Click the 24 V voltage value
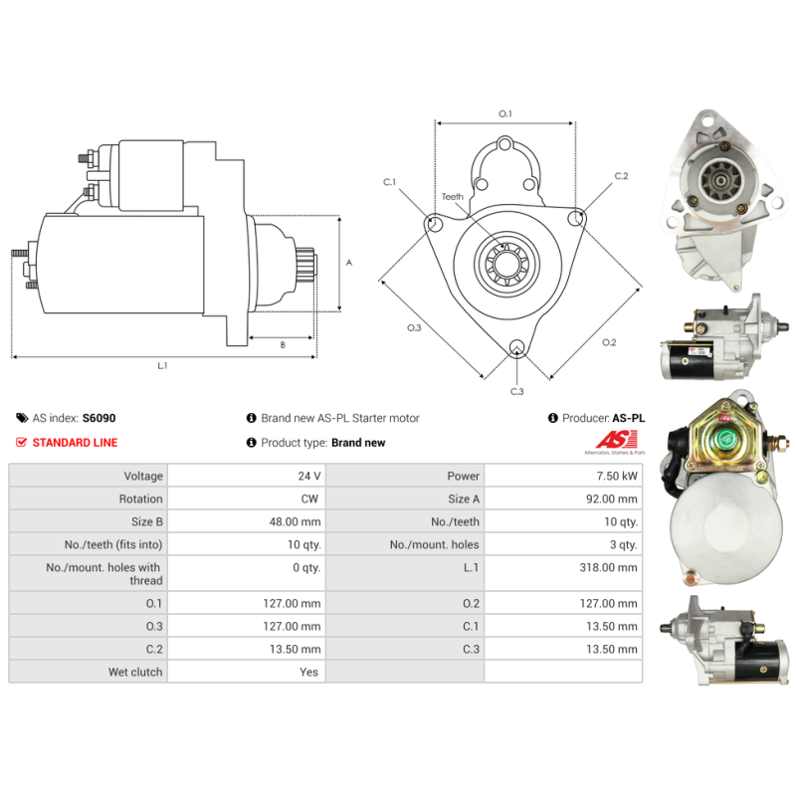pyautogui.click(x=309, y=476)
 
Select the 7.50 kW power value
pyautogui.click(x=617, y=476)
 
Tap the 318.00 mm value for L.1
pyautogui.click(x=608, y=567)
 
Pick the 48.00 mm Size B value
pyautogui.click(x=295, y=521)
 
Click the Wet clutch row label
pyautogui.click(x=135, y=672)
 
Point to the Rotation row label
pyautogui.click(x=140, y=498)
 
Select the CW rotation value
pyautogui.click(x=309, y=498)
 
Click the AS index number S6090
pyautogui.click(x=99, y=418)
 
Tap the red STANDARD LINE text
pyautogui.click(x=76, y=442)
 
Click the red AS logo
pyautogui.click(x=616, y=440)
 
